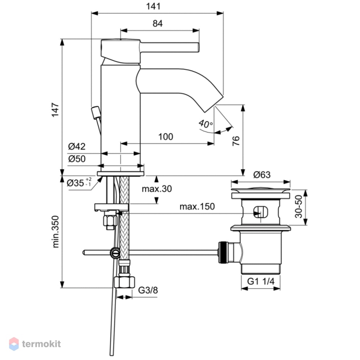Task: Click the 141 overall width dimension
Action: (153, 6)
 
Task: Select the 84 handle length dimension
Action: (158, 23)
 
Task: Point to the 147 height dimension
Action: (55, 110)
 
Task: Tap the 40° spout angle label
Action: (206, 124)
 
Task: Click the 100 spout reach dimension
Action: (166, 137)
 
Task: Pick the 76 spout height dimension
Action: (236, 141)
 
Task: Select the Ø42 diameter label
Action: (77, 146)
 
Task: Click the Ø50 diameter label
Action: (77, 159)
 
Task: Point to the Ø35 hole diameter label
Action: (79, 183)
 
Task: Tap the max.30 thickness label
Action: (157, 189)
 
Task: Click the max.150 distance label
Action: (197, 206)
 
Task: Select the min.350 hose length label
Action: (55, 231)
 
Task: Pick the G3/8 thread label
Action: (148, 290)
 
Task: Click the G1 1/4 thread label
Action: (261, 281)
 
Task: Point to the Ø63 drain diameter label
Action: (262, 175)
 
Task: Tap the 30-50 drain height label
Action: (299, 206)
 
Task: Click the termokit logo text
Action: (41, 344)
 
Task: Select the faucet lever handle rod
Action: (170, 47)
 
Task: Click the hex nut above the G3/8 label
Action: (125, 282)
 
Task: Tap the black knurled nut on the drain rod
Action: (222, 252)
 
